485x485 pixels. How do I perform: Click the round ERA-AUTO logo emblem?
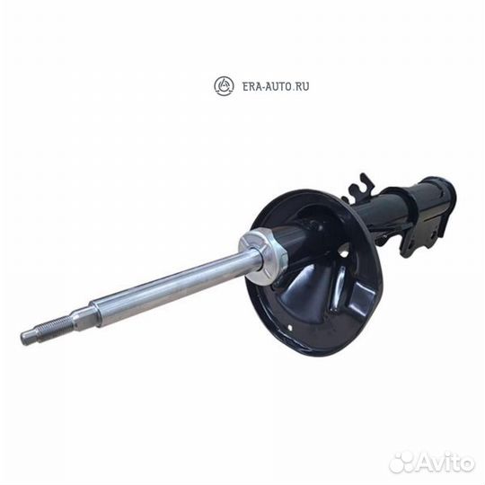(x=224, y=86)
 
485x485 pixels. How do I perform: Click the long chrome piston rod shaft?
(x=171, y=287)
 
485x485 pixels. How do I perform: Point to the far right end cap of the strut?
(x=445, y=193)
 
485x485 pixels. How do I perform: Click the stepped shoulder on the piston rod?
(x=85, y=315)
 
